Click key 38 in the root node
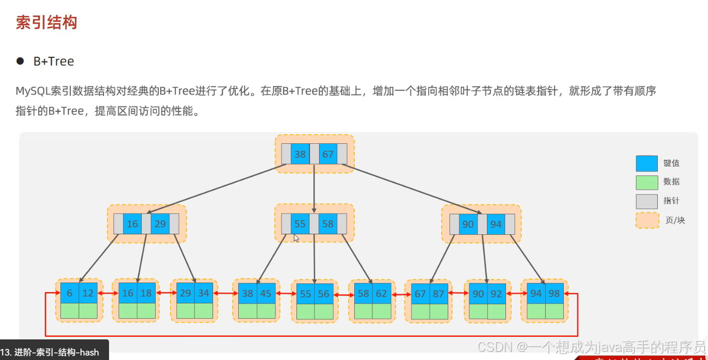click(300, 154)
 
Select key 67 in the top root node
click(328, 154)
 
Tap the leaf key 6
click(69, 293)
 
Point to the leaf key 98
click(554, 293)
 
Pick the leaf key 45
click(266, 293)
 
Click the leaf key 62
click(381, 294)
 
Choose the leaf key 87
click(439, 294)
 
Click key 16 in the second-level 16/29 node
click(132, 224)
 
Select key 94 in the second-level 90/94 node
click(496, 224)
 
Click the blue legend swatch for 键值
click(647, 163)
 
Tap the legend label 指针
click(671, 201)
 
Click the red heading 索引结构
click(46, 23)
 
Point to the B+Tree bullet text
click(54, 61)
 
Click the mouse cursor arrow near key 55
click(296, 238)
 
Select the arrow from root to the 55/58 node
click(314, 191)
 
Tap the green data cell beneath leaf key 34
click(204, 311)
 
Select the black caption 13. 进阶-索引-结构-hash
click(50, 352)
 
